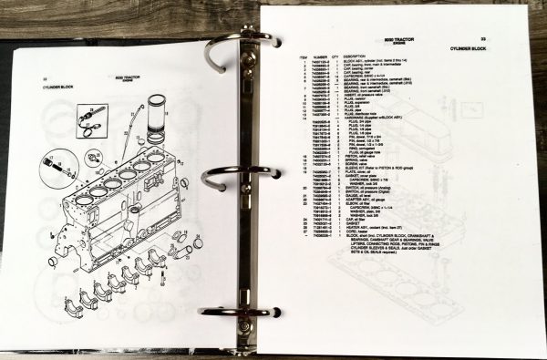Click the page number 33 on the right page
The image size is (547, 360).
tap(508, 37)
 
